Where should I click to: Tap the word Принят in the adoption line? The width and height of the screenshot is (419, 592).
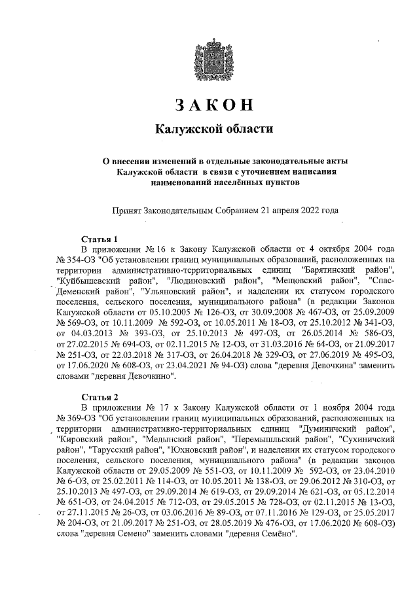tap(128, 211)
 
